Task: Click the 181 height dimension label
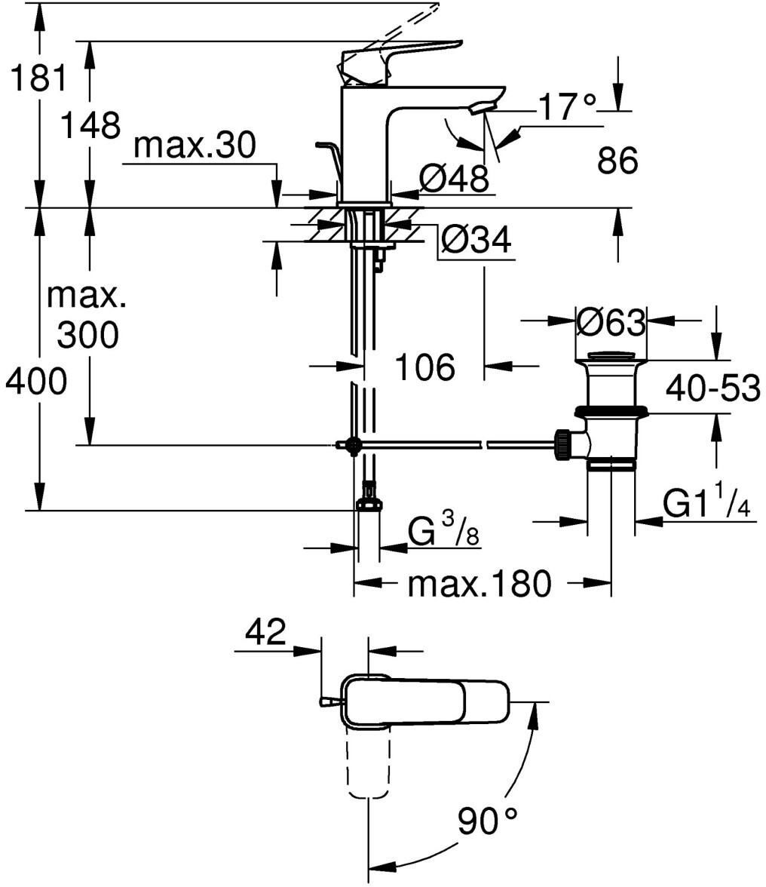pos(39,78)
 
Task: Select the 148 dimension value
pos(90,124)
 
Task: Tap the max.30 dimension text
pos(195,146)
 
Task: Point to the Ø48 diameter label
pos(454,179)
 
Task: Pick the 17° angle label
pos(567,106)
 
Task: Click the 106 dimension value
pos(424,367)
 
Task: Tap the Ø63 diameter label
pos(611,323)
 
